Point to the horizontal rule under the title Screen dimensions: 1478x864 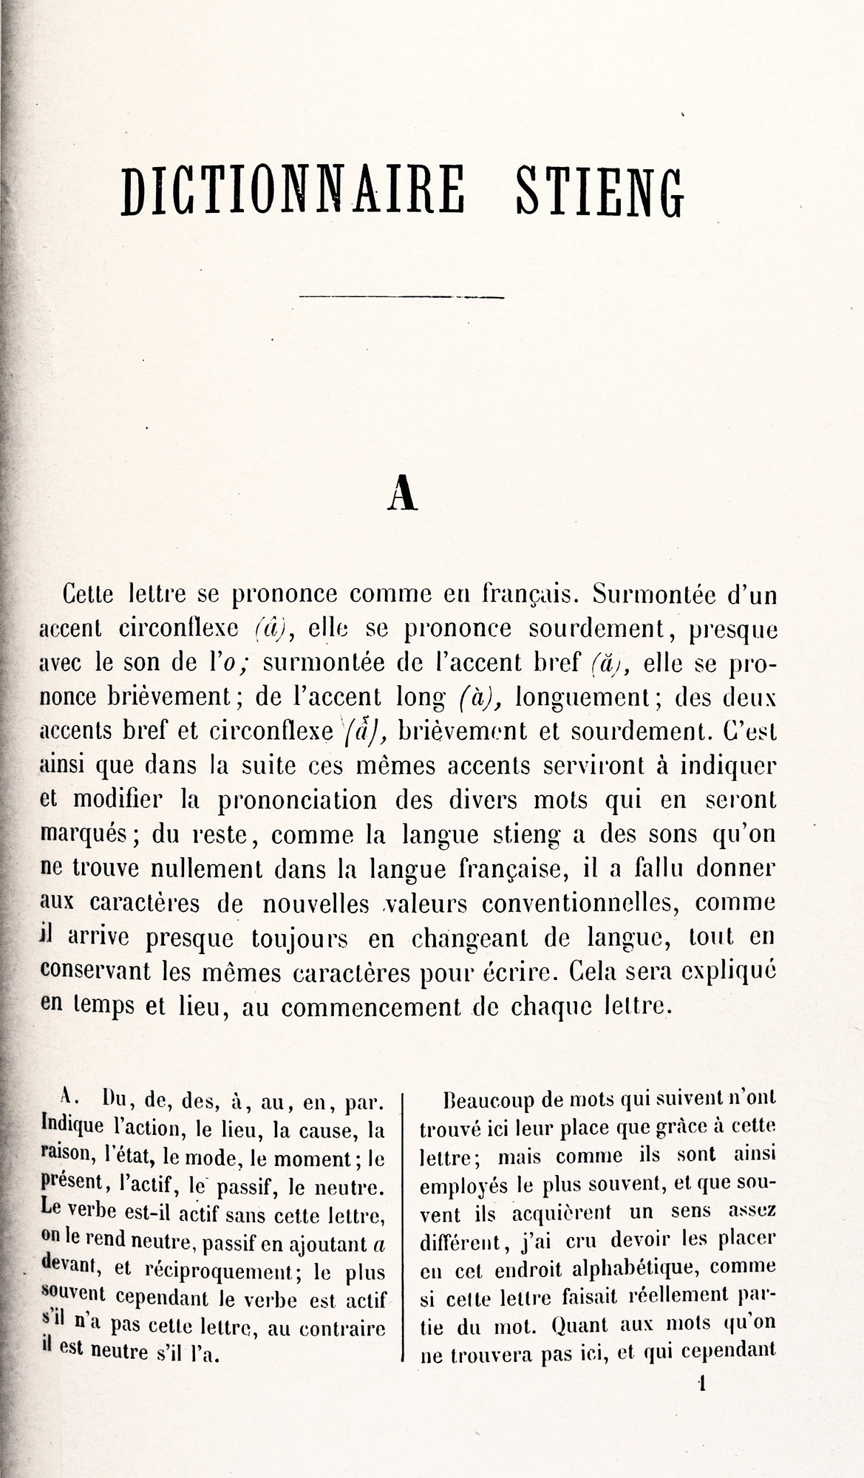point(401,298)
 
